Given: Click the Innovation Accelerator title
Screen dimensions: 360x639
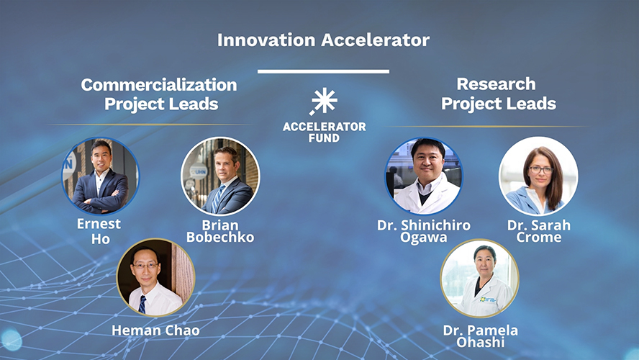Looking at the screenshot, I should click(323, 40).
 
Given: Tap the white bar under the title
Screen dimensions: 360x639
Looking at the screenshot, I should click(323, 71).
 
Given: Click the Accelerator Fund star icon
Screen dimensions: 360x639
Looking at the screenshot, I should click(324, 102).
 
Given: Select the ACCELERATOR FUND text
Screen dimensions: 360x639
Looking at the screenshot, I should click(324, 132).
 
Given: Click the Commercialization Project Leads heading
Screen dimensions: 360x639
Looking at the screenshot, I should click(159, 94).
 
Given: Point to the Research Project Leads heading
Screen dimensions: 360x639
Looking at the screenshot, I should click(498, 94).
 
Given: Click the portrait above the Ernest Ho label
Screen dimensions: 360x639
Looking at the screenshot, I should click(99, 176).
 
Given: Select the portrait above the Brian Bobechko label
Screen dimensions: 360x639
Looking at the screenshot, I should click(220, 176).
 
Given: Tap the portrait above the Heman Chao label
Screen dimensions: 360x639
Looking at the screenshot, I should click(155, 277).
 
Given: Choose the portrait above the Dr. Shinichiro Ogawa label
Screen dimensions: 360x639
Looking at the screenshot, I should click(423, 176).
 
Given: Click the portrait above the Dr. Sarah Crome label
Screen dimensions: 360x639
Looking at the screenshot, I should click(538, 176).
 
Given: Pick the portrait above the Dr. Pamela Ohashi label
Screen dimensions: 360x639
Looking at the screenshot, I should click(479, 279).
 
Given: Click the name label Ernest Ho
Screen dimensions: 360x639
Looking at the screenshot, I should click(99, 231).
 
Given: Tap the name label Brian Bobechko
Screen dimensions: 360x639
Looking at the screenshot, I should click(220, 231).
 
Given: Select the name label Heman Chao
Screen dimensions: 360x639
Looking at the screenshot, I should click(155, 330).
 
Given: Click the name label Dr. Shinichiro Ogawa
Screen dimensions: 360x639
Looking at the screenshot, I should click(423, 231).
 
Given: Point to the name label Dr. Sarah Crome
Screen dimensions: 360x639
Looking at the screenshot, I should click(538, 231).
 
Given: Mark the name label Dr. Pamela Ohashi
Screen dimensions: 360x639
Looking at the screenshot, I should click(480, 336).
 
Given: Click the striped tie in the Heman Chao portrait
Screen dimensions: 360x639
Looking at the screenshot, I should click(142, 304).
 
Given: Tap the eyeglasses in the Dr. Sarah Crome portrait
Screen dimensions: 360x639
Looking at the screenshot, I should click(540, 170).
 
